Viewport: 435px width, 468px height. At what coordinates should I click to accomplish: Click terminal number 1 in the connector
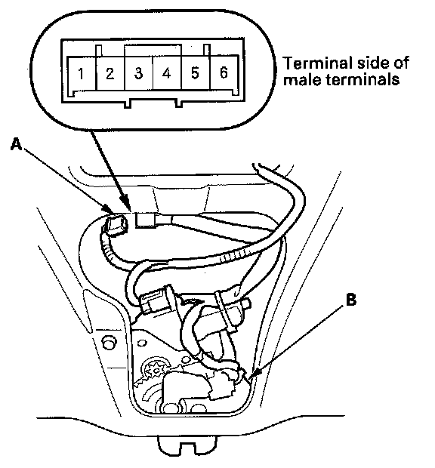coord(81,73)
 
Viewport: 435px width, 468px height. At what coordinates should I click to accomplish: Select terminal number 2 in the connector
coord(110,73)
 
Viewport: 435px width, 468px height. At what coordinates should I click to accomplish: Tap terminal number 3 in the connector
coord(138,73)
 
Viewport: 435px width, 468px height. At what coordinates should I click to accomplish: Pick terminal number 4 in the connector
coord(167,73)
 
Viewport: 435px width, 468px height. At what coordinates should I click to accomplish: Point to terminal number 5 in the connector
coord(195,73)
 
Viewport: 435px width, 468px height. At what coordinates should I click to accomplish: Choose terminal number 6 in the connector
coord(224,72)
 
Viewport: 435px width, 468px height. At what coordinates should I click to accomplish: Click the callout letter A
coord(16,145)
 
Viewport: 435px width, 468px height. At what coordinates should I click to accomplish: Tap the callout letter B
coord(351,300)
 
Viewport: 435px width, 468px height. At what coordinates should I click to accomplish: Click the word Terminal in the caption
coord(316,63)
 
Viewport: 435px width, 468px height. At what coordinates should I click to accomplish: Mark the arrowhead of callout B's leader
coord(254,374)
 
